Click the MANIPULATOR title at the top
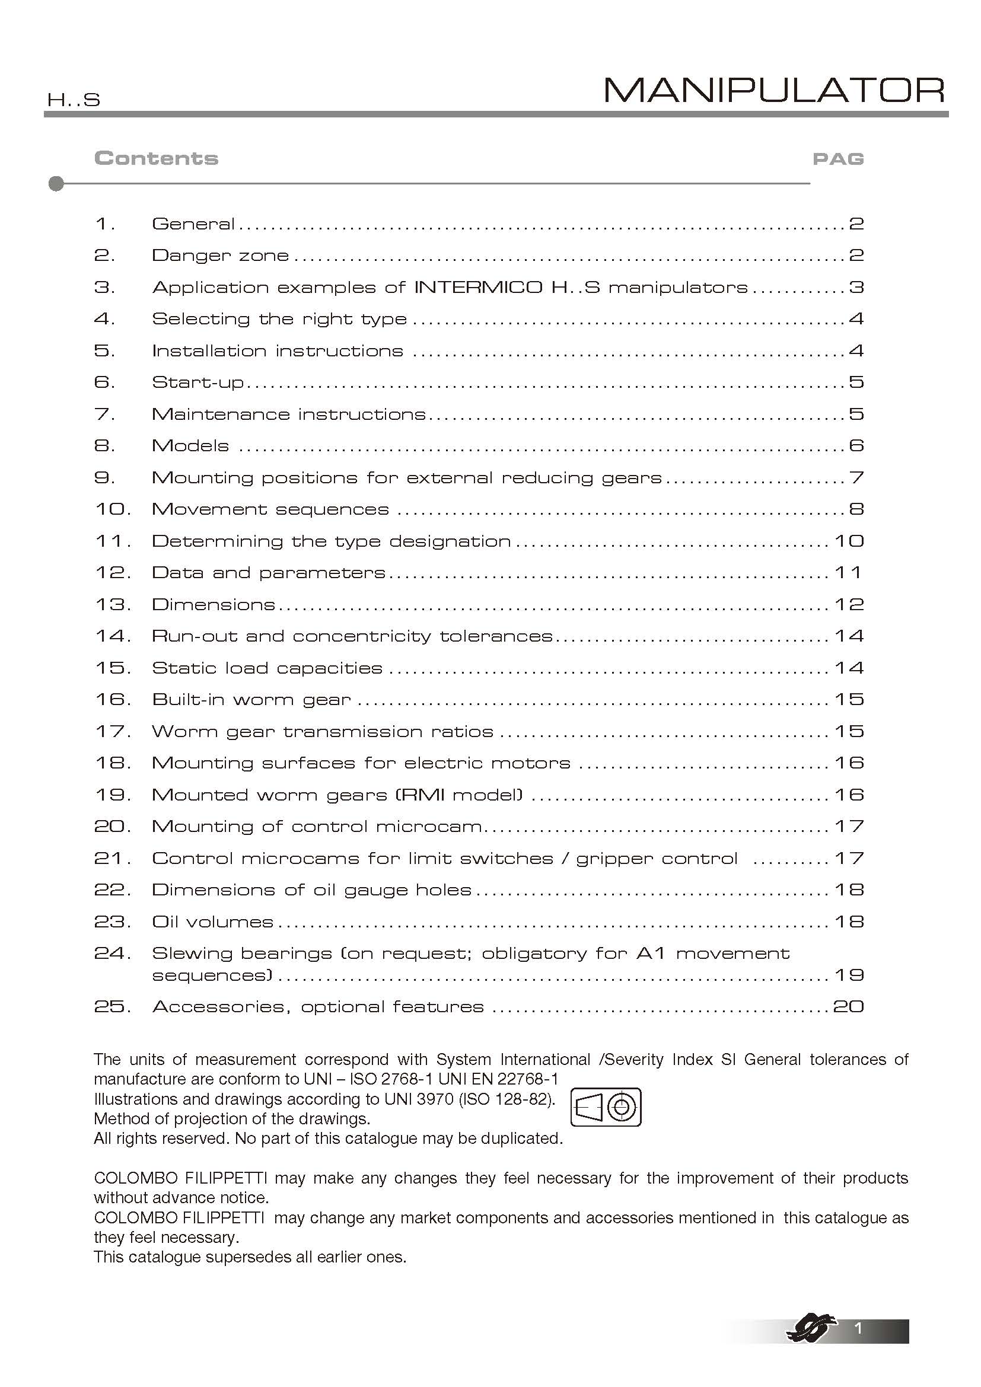[x=774, y=91]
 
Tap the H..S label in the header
[x=74, y=100]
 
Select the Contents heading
[x=157, y=158]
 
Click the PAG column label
[x=838, y=159]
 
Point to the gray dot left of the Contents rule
[x=56, y=184]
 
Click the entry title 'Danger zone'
[x=221, y=256]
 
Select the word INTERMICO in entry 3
[x=478, y=287]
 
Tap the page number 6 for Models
[x=856, y=446]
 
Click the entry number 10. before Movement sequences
[x=113, y=509]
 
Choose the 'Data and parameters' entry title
[x=268, y=573]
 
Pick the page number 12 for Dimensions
[x=849, y=605]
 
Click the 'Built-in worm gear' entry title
[x=251, y=700]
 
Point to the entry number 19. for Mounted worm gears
[x=113, y=795]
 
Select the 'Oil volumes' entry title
[x=213, y=922]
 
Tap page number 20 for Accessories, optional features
[x=848, y=1006]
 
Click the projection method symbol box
[x=606, y=1107]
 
